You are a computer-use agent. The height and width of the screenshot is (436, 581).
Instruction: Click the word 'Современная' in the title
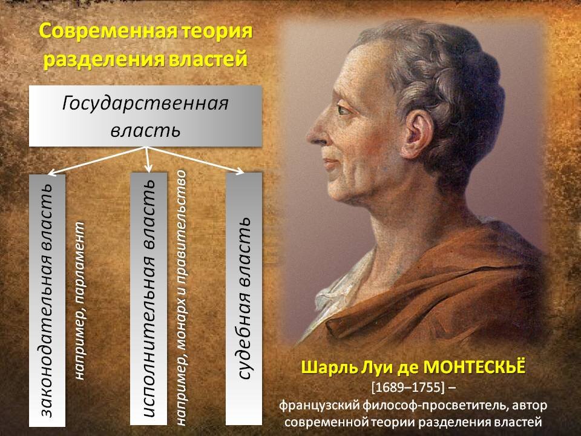[108, 31]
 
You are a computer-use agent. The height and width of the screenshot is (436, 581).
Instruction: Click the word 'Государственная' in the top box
[145, 104]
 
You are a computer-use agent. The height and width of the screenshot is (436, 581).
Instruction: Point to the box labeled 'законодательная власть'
[47, 300]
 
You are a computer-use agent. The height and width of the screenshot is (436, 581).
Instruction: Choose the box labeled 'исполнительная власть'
[149, 299]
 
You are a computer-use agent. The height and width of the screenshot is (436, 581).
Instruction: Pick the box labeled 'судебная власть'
[244, 299]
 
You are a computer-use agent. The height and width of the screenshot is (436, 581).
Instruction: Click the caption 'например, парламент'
[80, 301]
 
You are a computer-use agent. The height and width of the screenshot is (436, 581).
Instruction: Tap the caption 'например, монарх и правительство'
[181, 298]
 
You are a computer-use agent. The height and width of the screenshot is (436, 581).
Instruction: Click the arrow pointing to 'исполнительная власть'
[148, 160]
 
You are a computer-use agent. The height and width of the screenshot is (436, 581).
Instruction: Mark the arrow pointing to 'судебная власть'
[195, 160]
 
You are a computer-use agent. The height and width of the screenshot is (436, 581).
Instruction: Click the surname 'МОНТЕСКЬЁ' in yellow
[474, 368]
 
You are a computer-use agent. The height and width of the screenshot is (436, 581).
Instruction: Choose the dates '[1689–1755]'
[407, 388]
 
